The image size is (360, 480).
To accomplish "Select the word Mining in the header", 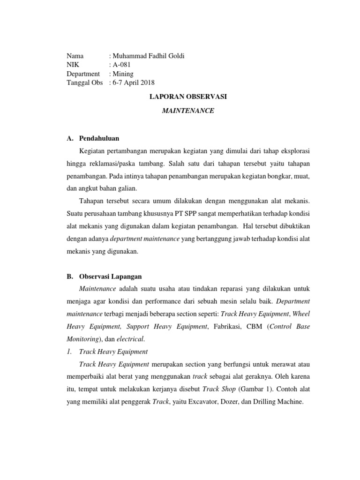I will pos(123,74).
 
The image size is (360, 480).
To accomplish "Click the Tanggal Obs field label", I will pos(85,82).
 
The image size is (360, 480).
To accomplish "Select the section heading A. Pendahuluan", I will pos(93,138).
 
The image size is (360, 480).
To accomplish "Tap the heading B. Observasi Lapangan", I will pos(105,277).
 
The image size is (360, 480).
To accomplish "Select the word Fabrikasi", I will pos(225,326).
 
